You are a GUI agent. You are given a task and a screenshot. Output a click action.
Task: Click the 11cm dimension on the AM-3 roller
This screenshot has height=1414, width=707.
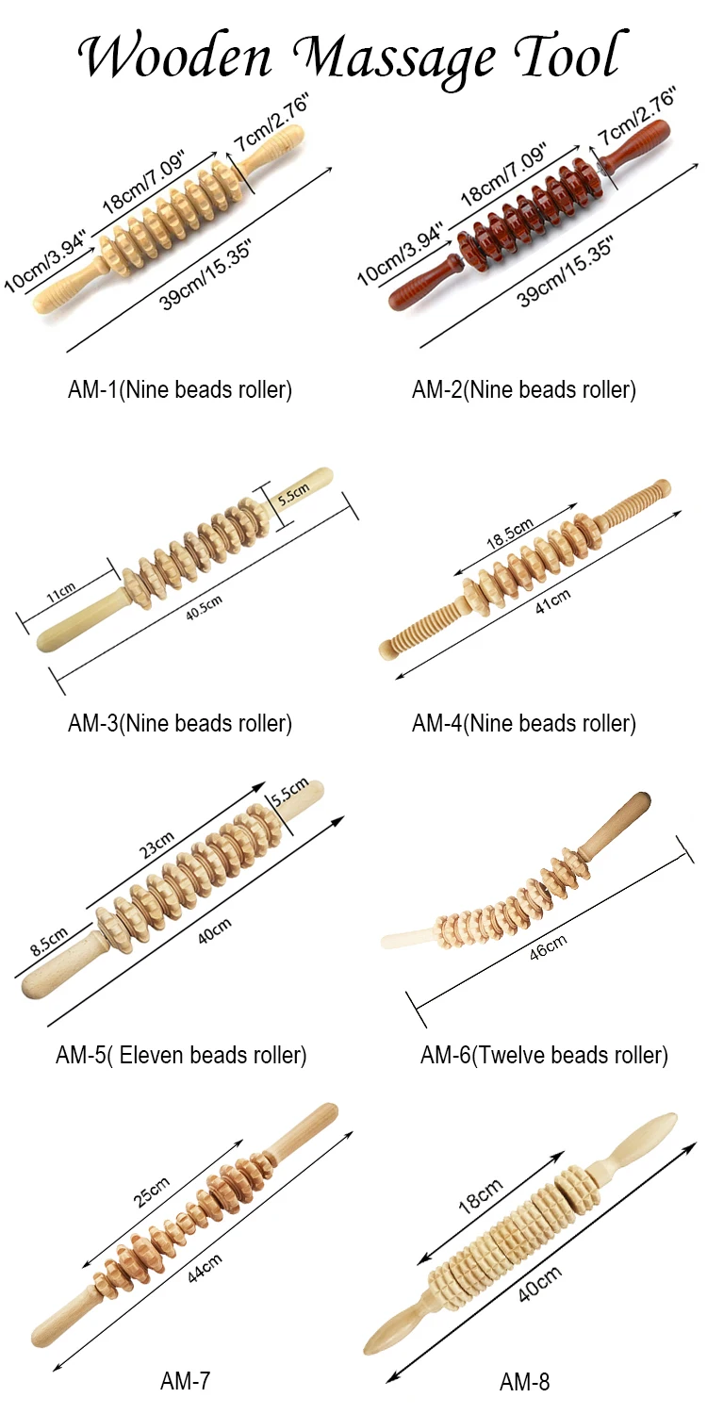[60, 593]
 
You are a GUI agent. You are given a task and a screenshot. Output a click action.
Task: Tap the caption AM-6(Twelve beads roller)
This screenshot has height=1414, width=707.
[544, 1056]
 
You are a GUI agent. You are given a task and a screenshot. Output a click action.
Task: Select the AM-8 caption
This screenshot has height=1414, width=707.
[524, 1382]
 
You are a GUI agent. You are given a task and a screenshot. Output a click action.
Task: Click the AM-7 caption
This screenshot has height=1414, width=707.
[185, 1382]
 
